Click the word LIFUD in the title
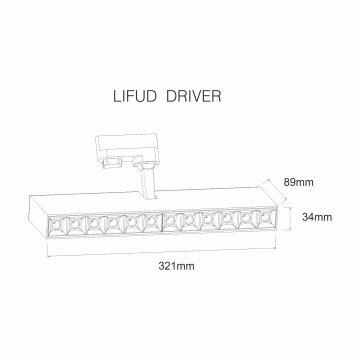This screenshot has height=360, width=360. (x=135, y=96)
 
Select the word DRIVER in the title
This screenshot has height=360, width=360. (x=193, y=96)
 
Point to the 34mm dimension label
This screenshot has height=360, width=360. (x=317, y=217)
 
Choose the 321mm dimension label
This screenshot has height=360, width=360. (x=176, y=266)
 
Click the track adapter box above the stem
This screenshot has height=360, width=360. (x=126, y=146)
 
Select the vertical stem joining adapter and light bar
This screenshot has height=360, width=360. (x=147, y=182)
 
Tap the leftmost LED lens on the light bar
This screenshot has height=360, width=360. (x=58, y=226)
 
